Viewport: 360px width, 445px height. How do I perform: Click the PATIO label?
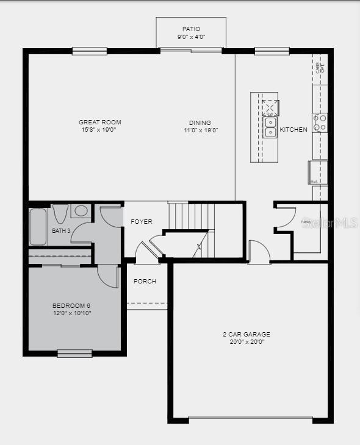tap(191, 29)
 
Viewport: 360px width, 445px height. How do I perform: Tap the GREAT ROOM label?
tap(99, 123)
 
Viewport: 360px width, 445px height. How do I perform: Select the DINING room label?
tap(200, 123)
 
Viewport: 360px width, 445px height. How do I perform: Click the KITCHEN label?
tap(293, 130)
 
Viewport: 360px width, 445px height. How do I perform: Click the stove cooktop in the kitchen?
tap(320, 123)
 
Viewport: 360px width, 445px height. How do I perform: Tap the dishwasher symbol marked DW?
tap(270, 109)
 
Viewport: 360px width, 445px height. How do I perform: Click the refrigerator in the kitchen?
tap(318, 172)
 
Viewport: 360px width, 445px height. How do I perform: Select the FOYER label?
tap(142, 221)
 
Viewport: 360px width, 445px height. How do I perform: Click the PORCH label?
tap(145, 282)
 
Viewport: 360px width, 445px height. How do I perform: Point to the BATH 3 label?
tap(61, 231)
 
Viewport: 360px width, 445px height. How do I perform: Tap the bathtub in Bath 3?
tap(38, 226)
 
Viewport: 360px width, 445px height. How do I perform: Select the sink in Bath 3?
tap(81, 211)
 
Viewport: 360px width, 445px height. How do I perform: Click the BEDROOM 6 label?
tap(71, 305)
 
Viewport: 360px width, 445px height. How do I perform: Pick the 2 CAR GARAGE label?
tap(247, 334)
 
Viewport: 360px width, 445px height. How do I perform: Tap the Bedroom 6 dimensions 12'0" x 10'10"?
tap(71, 313)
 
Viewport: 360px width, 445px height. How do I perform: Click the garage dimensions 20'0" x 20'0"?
tap(247, 342)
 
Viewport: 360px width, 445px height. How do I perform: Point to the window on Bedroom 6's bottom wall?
tap(74, 353)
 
